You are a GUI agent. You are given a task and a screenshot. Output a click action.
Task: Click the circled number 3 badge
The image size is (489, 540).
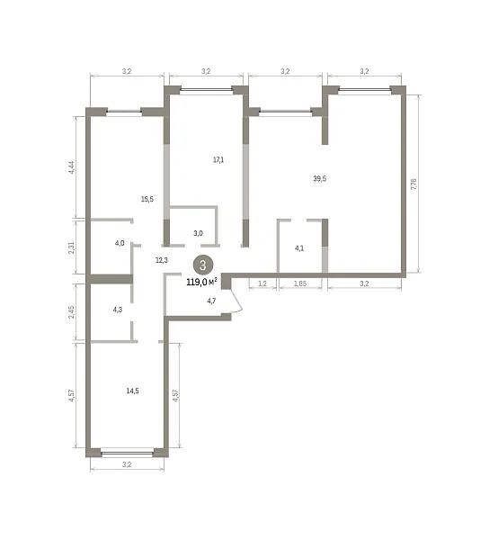[203, 265]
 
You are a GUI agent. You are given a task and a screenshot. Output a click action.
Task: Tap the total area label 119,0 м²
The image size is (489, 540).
[201, 283]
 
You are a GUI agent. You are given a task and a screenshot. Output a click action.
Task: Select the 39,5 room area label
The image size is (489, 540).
[319, 178]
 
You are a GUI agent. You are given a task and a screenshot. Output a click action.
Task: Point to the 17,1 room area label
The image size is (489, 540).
[218, 160]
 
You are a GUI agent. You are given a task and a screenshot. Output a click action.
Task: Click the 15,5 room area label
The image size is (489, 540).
[147, 199]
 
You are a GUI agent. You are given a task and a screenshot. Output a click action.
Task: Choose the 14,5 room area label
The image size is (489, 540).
[132, 391]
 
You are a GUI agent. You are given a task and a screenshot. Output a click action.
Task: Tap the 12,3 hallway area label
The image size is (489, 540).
[161, 260]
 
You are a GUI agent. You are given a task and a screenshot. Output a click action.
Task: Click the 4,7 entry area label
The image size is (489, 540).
[211, 301]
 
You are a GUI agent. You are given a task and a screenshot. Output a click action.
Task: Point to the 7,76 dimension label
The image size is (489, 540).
[413, 184]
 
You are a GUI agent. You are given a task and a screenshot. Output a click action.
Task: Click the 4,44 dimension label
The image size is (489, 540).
[71, 167]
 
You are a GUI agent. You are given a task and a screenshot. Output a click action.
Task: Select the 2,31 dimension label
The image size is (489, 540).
[71, 247]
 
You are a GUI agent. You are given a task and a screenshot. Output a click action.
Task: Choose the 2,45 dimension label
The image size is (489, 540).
[71, 312]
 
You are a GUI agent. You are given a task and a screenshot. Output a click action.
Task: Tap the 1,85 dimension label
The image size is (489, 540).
[300, 283]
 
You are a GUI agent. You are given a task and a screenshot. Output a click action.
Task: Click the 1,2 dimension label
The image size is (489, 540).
[262, 283]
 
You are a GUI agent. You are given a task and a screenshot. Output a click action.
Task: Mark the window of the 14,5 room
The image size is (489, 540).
[128, 453]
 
